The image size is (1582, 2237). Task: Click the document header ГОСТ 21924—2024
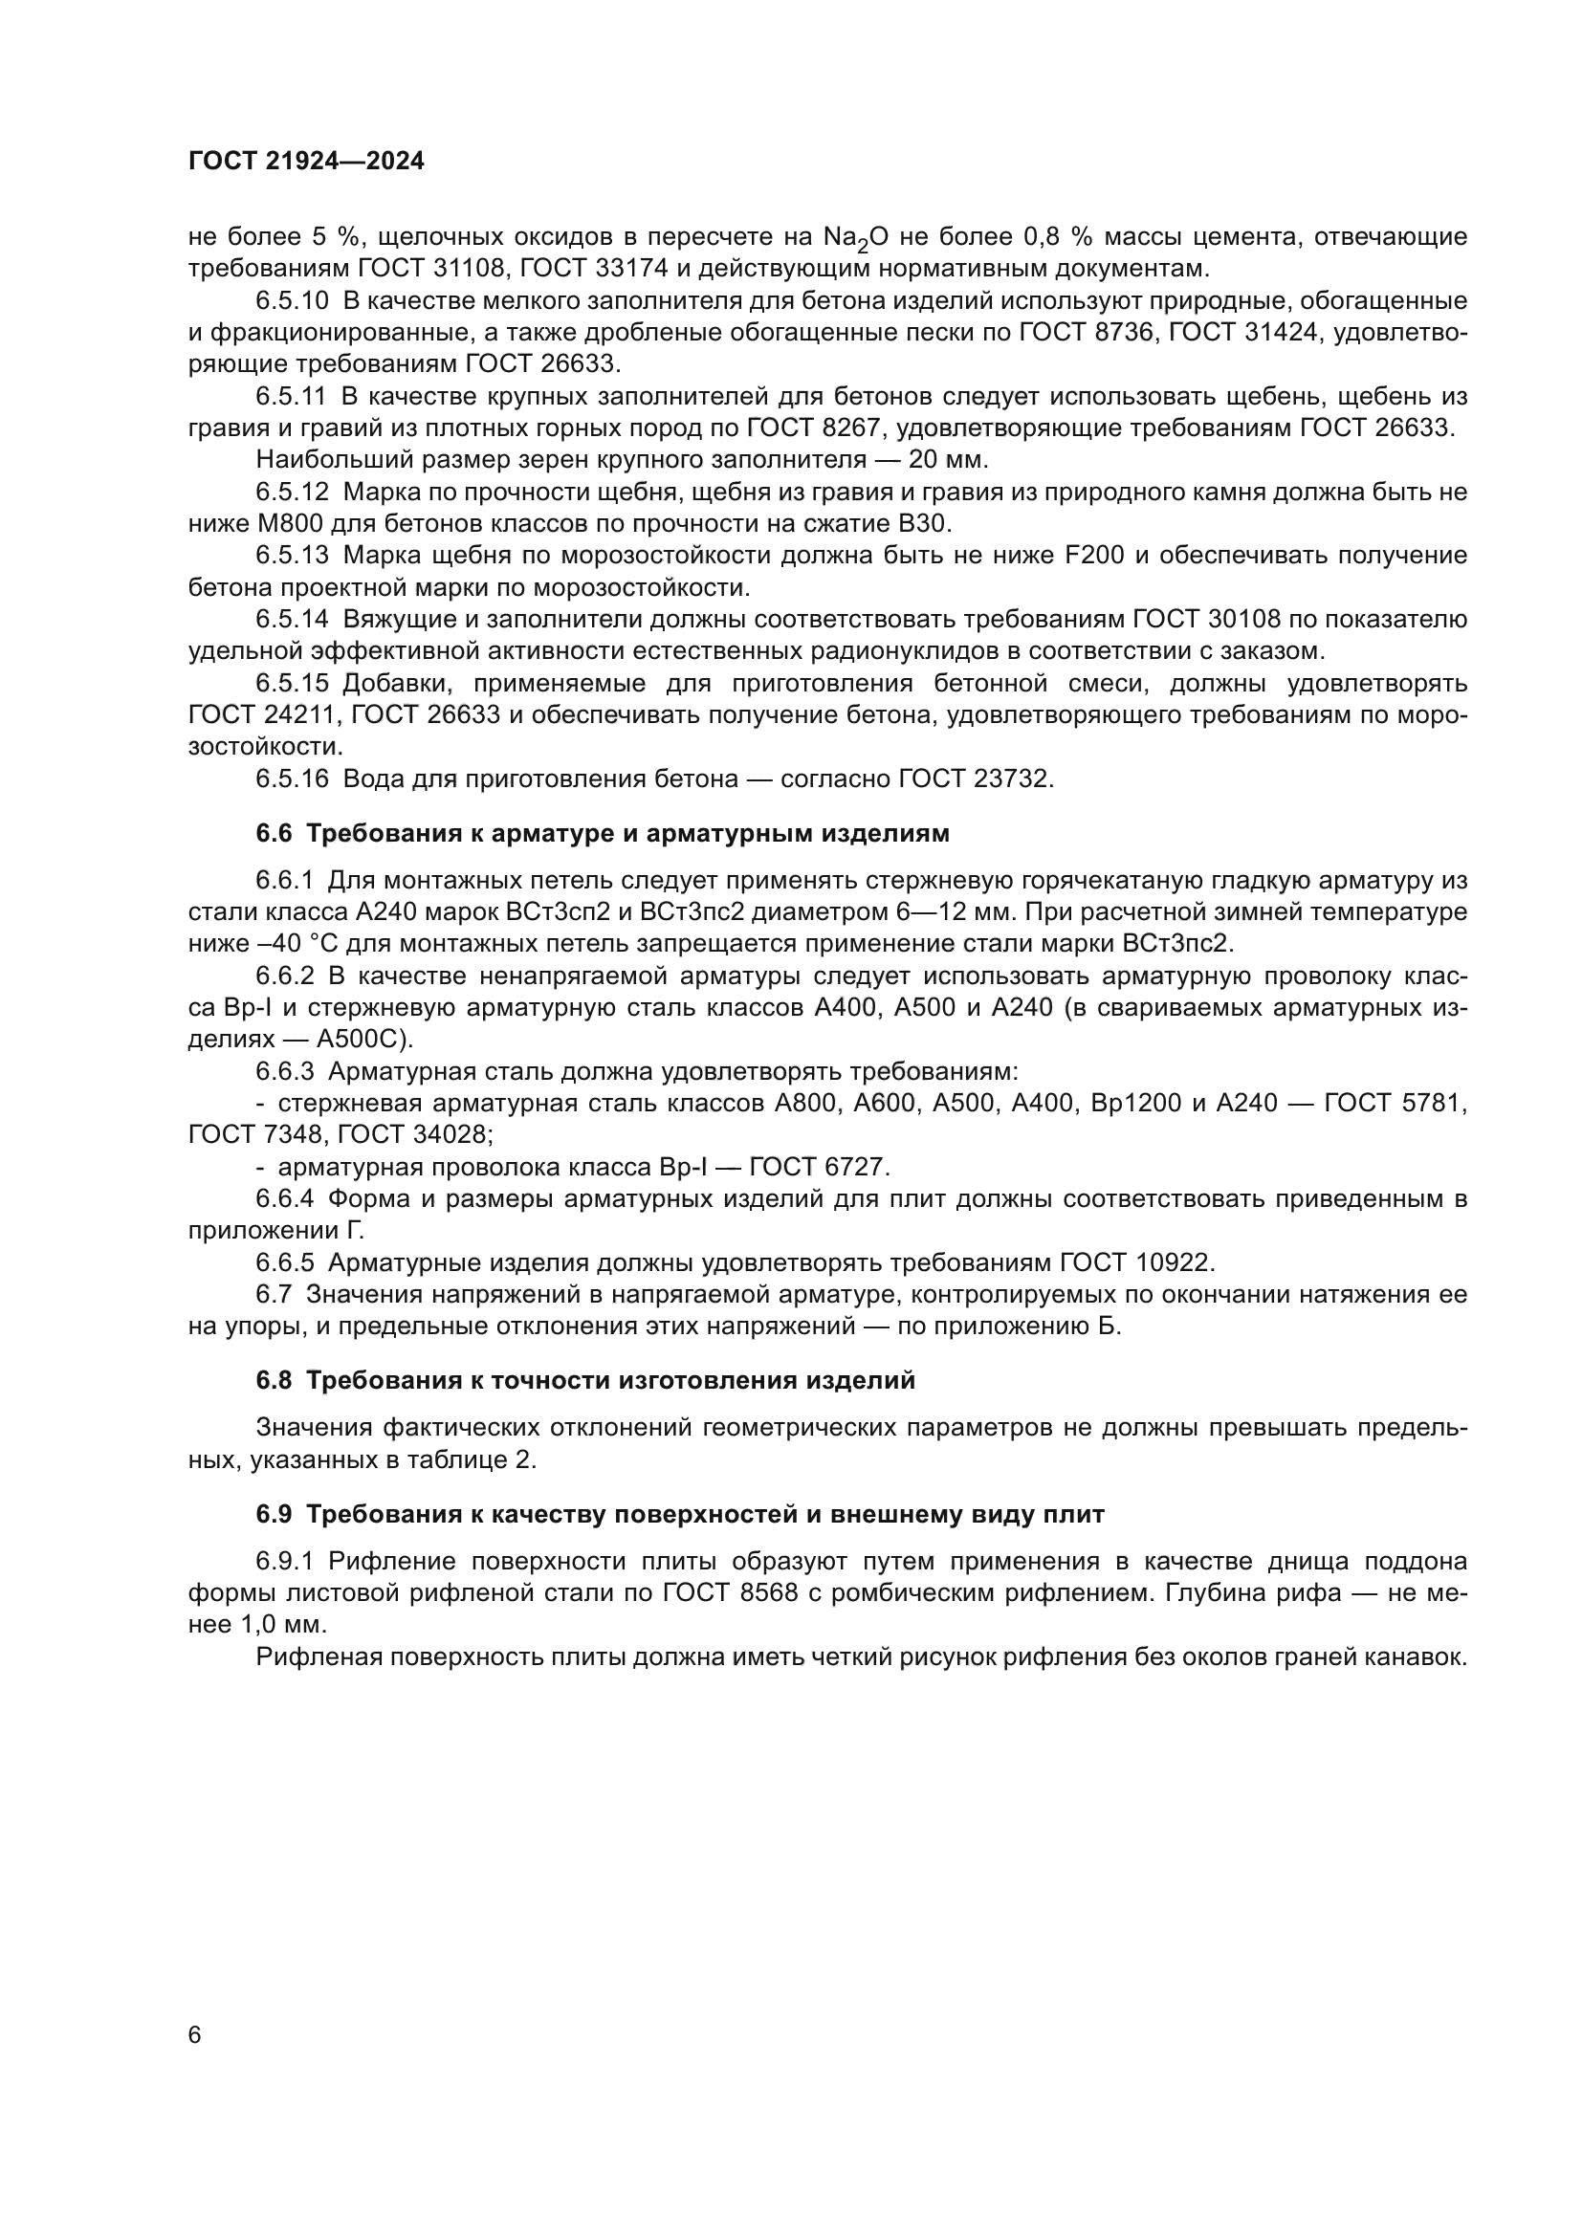pos(306,162)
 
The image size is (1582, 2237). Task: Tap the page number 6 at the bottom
pos(195,2035)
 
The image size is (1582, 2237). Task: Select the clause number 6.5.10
pos(293,301)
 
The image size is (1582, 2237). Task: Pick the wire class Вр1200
pos(1126,1104)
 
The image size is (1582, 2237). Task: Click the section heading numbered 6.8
pos(585,1381)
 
